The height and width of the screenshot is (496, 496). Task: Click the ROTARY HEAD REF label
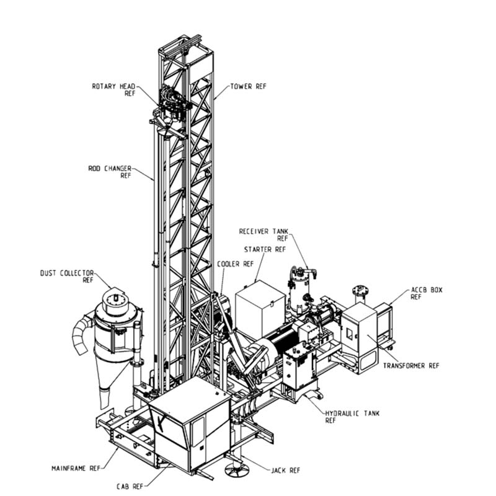[x=113, y=90]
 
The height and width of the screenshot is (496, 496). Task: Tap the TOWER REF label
[x=249, y=86]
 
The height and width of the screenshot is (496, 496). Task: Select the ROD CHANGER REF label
[x=110, y=172]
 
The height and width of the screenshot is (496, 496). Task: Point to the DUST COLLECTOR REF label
[x=67, y=277]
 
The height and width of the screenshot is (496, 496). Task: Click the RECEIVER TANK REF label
[x=263, y=235]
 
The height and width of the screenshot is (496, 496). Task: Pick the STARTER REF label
[x=265, y=250]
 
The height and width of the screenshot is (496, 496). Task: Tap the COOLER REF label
[x=236, y=264]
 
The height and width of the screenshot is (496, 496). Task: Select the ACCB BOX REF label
[x=427, y=293]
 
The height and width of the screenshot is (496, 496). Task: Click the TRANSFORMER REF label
[x=411, y=366]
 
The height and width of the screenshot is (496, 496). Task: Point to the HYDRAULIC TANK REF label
[x=352, y=417]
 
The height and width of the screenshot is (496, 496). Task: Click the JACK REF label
[x=285, y=471]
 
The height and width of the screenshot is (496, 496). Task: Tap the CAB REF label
[x=130, y=486]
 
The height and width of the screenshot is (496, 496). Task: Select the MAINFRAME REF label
[x=76, y=468]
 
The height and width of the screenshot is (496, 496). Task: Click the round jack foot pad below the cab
[x=236, y=469]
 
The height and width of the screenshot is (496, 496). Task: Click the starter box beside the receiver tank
[x=260, y=309]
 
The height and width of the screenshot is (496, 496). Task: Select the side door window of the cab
[x=198, y=432]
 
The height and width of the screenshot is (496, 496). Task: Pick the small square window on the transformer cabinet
[x=350, y=334]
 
